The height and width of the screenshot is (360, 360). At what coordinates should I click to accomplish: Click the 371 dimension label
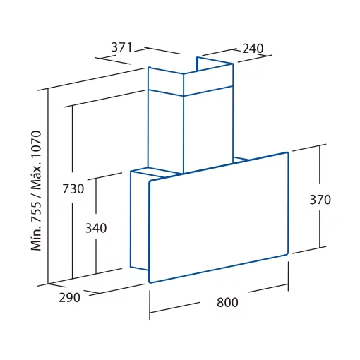[122, 47]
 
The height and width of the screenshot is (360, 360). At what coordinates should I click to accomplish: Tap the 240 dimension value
[253, 49]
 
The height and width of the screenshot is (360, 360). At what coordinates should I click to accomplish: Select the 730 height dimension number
[73, 188]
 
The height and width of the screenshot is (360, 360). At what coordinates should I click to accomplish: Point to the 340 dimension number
[96, 228]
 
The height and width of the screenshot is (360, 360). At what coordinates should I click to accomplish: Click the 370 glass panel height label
[320, 200]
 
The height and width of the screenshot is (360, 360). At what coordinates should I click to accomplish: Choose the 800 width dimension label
[227, 302]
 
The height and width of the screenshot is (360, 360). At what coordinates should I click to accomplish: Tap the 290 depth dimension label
[69, 298]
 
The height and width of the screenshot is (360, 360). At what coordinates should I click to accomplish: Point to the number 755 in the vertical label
[36, 210]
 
